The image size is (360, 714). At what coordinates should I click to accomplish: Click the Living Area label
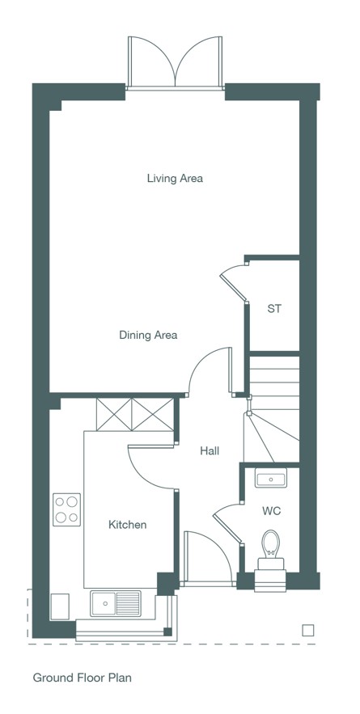pos(175,178)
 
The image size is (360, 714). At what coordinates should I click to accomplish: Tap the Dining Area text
pos(148,335)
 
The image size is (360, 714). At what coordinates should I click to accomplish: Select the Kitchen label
pos(128,525)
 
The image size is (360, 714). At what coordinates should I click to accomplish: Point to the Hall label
pos(210,451)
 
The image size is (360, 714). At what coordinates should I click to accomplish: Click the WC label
pos(271,510)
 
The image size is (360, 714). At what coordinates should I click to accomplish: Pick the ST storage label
pos(274,309)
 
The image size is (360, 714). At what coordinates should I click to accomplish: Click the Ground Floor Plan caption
pos(82,678)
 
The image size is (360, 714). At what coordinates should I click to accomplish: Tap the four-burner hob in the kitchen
pos(66,509)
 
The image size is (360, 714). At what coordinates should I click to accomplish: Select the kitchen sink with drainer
pos(116,603)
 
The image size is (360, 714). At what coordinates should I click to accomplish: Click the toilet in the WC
pos(270,560)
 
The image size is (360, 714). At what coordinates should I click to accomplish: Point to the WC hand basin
pos(271,478)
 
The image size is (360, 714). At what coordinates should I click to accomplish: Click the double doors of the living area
pos(176,62)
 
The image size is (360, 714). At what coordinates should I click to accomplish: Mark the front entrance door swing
pos(208,558)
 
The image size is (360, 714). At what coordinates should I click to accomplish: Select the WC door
pos(228,524)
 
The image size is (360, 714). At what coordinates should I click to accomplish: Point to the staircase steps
pos(272,408)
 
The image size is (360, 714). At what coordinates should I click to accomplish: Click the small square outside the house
pos(308,630)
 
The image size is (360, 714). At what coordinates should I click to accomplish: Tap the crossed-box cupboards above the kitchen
pos(135,414)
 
